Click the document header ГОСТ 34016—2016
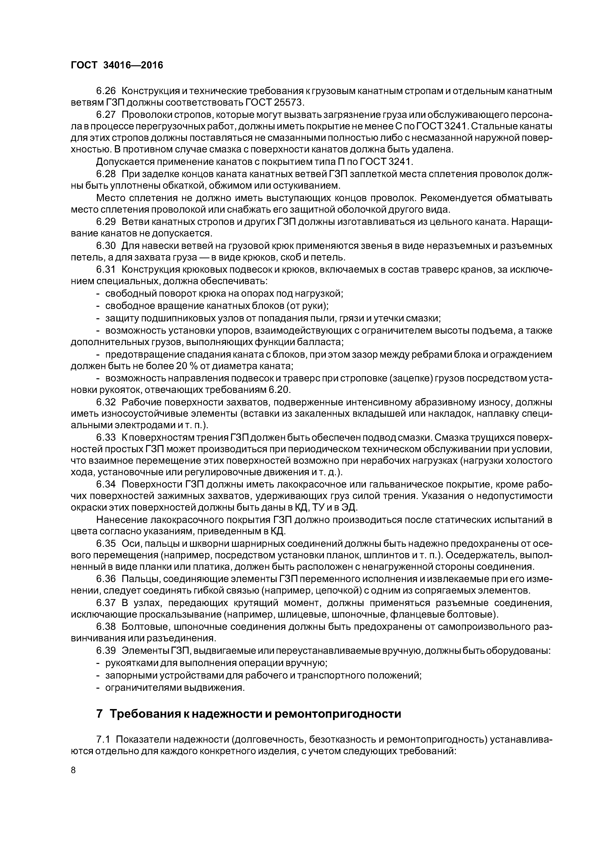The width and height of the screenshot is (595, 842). (x=117, y=65)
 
